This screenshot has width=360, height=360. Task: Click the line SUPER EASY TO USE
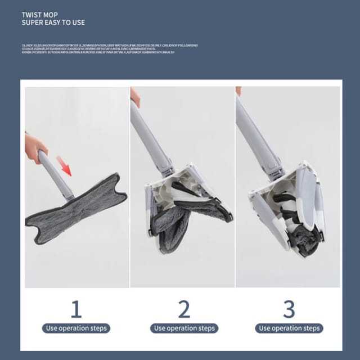click(x=53, y=23)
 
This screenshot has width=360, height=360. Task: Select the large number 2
click(x=183, y=309)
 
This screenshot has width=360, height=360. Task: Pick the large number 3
click(x=289, y=309)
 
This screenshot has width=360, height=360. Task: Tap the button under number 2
click(x=183, y=328)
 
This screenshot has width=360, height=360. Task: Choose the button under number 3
click(x=289, y=328)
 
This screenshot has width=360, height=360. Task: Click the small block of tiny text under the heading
click(x=110, y=48)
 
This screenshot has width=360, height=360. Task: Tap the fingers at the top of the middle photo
click(x=135, y=97)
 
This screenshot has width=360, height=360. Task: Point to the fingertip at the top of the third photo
click(x=238, y=91)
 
